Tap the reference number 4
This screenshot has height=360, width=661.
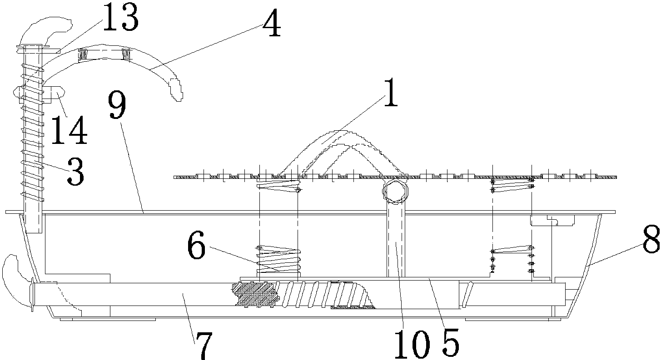[x=272, y=23]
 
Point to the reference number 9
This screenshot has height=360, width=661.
[x=117, y=105]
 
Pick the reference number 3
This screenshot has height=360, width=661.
[x=76, y=171]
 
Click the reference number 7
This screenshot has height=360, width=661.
[x=204, y=345]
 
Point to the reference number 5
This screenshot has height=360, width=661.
[x=450, y=343]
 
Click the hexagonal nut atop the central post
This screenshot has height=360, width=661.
[x=395, y=191]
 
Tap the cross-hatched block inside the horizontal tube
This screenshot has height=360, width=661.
[x=255, y=295]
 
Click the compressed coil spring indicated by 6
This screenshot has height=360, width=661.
[x=278, y=259]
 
